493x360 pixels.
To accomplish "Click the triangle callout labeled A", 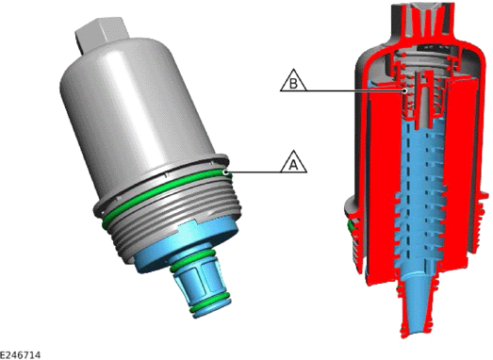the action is pyautogui.click(x=294, y=163).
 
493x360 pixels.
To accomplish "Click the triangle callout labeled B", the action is pyautogui.click(x=293, y=81).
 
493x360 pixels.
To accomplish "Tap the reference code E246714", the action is pyautogui.click(x=20, y=355).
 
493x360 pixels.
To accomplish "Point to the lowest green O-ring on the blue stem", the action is pyautogui.click(x=210, y=304).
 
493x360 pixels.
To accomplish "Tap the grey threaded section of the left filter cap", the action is pyautogui.click(x=176, y=221).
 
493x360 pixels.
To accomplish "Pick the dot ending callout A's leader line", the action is pyautogui.click(x=225, y=172).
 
